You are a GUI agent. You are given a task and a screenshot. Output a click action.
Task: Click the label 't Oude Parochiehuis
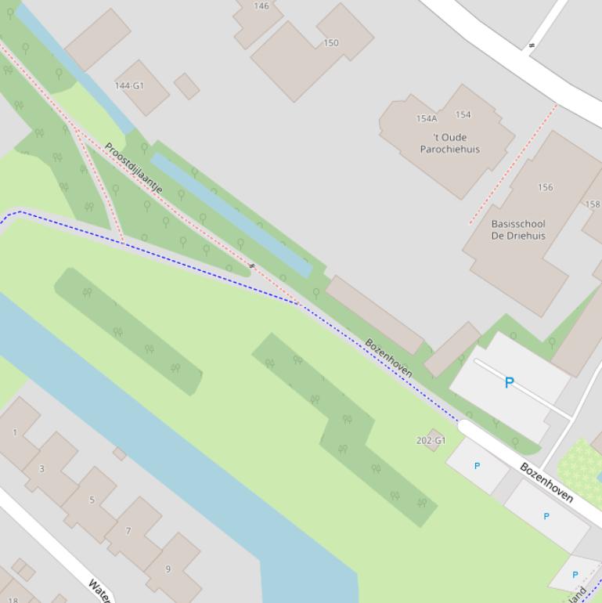coord(449,143)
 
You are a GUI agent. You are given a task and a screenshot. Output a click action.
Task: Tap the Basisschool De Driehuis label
coord(518,229)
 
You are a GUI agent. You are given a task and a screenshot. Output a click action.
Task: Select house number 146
coord(261,6)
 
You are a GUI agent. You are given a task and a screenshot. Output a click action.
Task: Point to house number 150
coord(331,43)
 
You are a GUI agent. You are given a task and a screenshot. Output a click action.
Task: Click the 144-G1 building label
coord(129,85)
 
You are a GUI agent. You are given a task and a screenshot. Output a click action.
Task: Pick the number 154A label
coord(427,119)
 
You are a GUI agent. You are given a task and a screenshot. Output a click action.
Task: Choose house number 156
coord(546,187)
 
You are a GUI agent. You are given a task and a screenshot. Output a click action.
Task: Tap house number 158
coord(593,204)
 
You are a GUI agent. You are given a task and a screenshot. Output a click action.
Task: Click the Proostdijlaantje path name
coord(134,168)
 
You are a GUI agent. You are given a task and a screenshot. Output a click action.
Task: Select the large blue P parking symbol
coord(510,382)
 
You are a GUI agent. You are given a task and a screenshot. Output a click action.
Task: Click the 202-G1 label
coord(431,441)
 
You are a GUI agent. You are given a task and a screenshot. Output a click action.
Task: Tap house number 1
coord(15,431)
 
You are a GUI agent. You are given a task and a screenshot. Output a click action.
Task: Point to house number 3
coord(41,469)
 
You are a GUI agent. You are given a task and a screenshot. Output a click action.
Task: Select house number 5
coord(92,500)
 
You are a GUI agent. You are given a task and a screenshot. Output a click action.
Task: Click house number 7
coord(128,530)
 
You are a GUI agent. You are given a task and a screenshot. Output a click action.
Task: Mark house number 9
coord(168,569)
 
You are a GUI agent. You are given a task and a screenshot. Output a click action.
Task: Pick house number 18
coord(13,600)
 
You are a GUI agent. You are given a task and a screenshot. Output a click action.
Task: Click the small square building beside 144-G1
coord(186,86)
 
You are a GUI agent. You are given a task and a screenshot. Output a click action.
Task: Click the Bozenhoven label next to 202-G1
coord(546,482)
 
